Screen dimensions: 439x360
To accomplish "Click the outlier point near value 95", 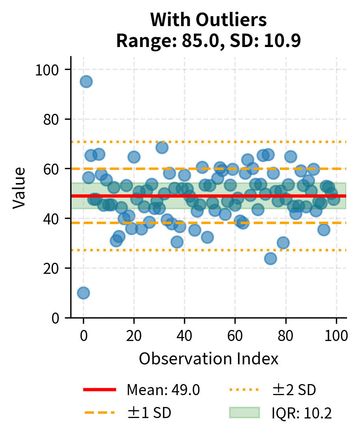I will tap(86, 82).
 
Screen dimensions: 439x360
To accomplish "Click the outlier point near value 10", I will tap(83, 293).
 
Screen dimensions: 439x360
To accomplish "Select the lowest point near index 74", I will tap(270, 259).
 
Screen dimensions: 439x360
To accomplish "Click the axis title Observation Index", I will tap(208, 359).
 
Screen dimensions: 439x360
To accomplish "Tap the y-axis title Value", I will tap(19, 188).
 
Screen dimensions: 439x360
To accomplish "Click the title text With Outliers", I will tap(208, 20).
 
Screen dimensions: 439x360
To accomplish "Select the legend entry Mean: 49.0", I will tap(163, 390).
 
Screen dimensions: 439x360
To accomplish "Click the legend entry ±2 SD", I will tap(294, 390).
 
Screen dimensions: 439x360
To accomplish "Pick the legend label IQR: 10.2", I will tap(301, 413).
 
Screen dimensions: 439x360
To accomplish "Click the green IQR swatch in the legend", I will tap(244, 413).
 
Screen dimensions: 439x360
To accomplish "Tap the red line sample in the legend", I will tap(100, 390).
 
